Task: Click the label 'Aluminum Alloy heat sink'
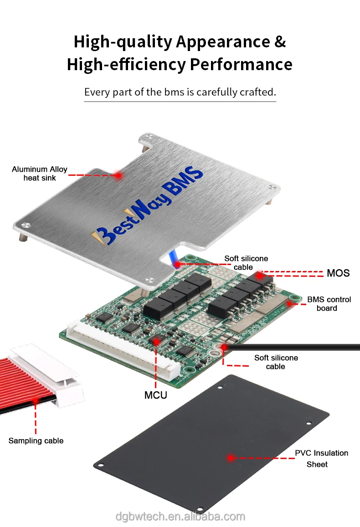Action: tap(40, 174)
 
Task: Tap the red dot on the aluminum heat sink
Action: tap(118, 175)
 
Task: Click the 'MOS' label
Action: tap(338, 273)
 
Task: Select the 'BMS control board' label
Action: tap(329, 304)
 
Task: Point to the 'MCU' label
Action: tap(156, 395)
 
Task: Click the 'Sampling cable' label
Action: tap(36, 440)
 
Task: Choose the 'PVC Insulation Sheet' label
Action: tap(321, 458)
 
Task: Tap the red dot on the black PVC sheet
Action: tap(231, 457)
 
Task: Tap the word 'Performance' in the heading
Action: tap(241, 64)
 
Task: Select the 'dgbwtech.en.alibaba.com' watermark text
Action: tap(180, 517)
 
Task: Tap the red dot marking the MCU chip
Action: tap(156, 341)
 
